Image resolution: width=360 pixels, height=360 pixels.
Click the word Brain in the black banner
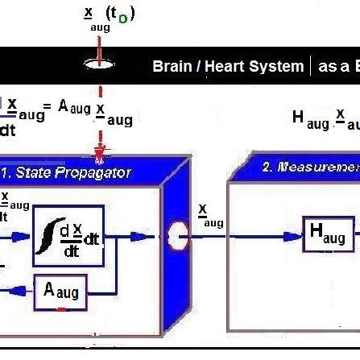pyautogui.click(x=172, y=67)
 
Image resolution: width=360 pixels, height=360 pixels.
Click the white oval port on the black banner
pyautogui.click(x=99, y=67)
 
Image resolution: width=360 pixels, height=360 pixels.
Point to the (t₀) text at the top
pyautogui.click(x=122, y=14)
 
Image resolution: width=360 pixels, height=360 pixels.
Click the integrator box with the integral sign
pyautogui.click(x=68, y=238)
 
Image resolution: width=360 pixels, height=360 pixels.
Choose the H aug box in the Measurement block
pyautogui.click(x=328, y=234)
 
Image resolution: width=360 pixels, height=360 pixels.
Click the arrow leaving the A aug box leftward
pyautogui.click(x=18, y=291)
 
